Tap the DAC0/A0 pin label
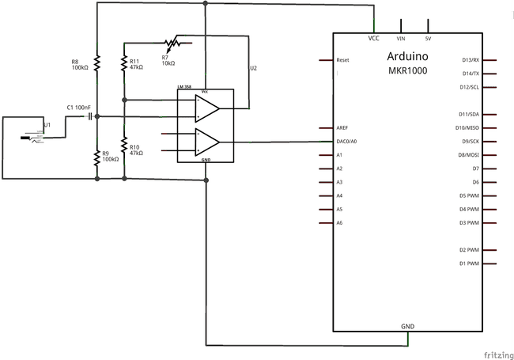click(349, 141)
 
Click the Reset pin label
click(343, 60)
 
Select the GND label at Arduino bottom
click(408, 326)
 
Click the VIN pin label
click(400, 38)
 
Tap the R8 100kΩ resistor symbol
click(96, 62)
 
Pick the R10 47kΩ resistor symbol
click(124, 146)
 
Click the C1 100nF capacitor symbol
click(89, 116)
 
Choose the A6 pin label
click(340, 222)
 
